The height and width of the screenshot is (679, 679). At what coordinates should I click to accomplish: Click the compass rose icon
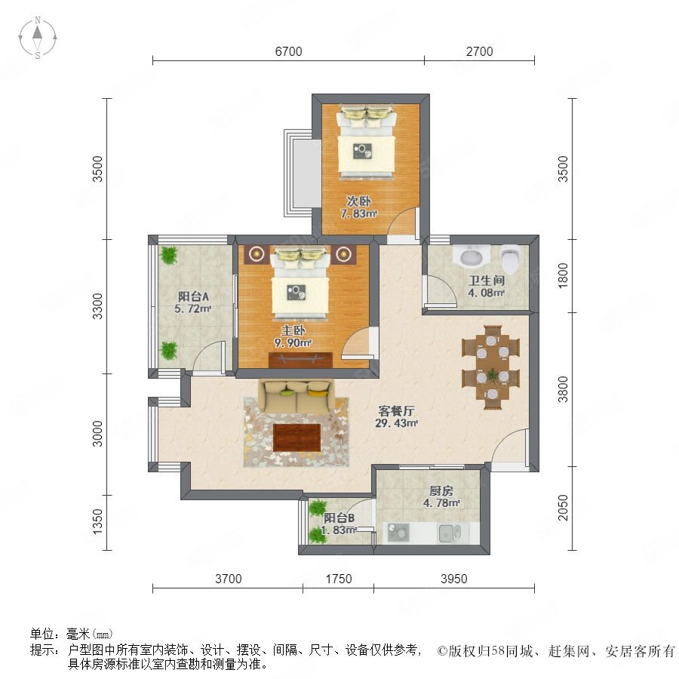coord(38,38)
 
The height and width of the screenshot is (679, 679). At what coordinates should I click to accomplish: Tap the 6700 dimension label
coord(288,51)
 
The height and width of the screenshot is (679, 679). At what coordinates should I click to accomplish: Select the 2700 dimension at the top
coord(479,51)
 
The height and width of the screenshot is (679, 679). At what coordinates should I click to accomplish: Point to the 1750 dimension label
coord(338,579)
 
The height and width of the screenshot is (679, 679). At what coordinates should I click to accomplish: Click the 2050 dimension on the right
coord(563,508)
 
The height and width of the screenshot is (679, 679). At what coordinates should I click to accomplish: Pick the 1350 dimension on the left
coord(98,521)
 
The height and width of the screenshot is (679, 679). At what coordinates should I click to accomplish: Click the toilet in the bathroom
coord(510,259)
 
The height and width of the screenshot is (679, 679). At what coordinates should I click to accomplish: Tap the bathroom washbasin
coord(471,257)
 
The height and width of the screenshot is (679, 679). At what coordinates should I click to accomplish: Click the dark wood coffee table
coord(297,438)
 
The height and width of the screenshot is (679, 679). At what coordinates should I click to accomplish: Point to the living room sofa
coord(297,396)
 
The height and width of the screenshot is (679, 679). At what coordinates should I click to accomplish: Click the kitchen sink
coord(450,533)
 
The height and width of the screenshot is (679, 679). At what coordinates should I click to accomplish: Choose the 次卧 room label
coord(358,201)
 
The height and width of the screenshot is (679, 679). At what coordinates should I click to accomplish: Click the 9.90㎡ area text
coord(293,343)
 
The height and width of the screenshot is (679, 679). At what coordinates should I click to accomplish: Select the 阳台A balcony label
coord(193,296)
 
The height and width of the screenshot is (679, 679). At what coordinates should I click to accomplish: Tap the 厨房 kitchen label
coord(441,491)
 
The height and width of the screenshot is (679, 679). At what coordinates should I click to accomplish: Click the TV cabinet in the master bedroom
coord(300,361)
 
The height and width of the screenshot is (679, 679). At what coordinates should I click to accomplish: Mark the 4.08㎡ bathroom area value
coord(486,293)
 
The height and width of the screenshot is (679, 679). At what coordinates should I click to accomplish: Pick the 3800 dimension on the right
coord(563,389)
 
